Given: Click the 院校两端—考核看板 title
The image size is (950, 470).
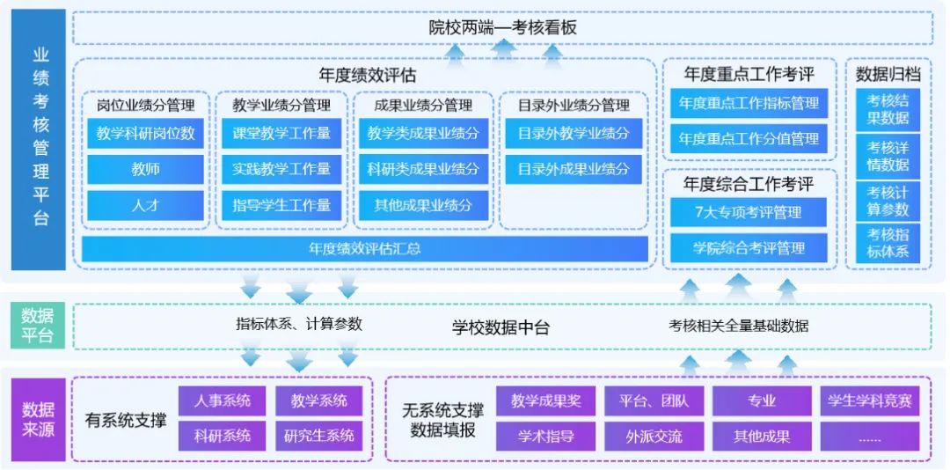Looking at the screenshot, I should (x=502, y=28).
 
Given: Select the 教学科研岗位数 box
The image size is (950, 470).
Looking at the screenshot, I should (x=146, y=135).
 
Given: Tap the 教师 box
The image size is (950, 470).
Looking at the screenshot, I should (x=146, y=170).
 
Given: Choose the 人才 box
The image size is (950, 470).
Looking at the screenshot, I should (x=146, y=205).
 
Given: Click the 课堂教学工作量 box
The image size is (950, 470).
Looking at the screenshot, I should (x=281, y=135).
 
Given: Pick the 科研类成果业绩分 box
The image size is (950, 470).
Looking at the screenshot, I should (x=423, y=170).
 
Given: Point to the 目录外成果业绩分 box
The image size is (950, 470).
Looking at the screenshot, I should (x=573, y=170).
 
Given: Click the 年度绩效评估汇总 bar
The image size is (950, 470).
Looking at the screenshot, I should (x=364, y=249).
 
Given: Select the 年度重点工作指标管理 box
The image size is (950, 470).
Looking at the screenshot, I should (x=749, y=104).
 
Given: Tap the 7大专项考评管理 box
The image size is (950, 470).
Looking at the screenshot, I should (x=749, y=212).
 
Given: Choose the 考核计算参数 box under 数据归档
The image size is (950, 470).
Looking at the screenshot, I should (x=888, y=202).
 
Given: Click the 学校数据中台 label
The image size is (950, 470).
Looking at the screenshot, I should (x=501, y=327).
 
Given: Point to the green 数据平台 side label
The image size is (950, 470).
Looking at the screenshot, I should (x=37, y=326).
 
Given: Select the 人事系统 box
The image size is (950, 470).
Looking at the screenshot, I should (x=222, y=401).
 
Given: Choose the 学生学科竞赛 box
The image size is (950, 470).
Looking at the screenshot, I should (x=869, y=401).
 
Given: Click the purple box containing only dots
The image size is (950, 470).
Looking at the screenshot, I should (x=869, y=436).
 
